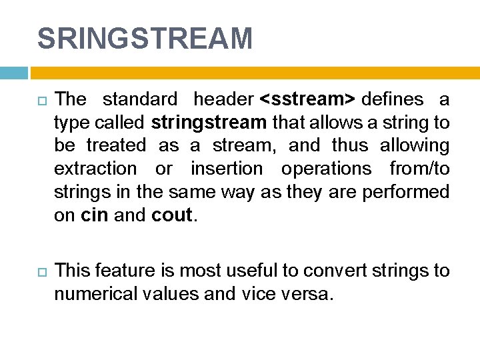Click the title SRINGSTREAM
(x=145, y=39)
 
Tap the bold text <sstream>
(x=307, y=99)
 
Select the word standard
(x=140, y=99)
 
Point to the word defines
(x=393, y=99)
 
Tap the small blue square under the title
(x=13, y=73)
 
